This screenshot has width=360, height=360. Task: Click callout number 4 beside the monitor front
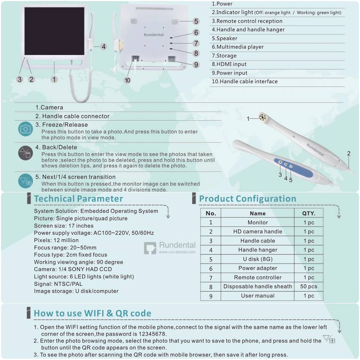tap(103, 46)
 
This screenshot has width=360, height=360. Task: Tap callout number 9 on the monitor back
tap(196, 65)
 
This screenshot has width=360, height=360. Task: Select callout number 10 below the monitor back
tap(127, 80)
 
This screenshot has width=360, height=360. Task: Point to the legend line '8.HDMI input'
tap(229, 64)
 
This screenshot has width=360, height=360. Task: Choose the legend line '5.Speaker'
tap(225, 38)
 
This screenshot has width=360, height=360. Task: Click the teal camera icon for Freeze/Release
tap(25, 129)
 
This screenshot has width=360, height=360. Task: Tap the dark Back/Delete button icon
tap(25, 153)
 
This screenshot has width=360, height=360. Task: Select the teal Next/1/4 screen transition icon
tap(25, 181)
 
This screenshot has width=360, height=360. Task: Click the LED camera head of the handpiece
tap(262, 117)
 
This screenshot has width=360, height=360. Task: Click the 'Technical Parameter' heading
tap(78, 199)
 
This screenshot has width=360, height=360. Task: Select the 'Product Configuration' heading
tap(248, 199)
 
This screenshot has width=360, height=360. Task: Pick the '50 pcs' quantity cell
tap(309, 287)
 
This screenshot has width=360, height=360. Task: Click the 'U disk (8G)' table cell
tap(257, 259)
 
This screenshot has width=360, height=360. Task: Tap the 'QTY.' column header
tap(309, 213)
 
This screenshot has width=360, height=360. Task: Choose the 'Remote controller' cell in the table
tap(257, 278)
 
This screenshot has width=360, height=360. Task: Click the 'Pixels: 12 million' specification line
tap(56, 240)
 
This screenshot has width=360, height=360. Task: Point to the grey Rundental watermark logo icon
tap(150, 248)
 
